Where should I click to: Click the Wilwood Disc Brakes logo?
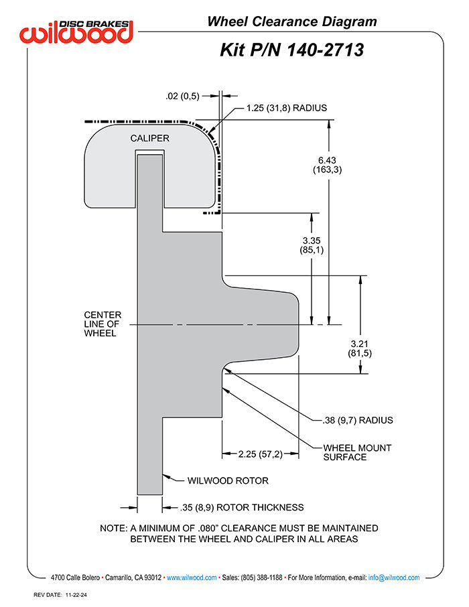76,31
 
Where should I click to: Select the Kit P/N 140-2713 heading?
292,50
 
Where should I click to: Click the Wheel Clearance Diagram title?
292,21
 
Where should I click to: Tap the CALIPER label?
150,138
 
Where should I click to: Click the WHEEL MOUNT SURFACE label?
357,452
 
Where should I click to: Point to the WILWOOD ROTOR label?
228,481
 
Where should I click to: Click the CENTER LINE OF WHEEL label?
103,324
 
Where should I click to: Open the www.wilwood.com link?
192,578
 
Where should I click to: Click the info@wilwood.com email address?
394,578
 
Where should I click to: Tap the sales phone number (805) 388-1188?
261,578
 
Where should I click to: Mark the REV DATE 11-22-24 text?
60,595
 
